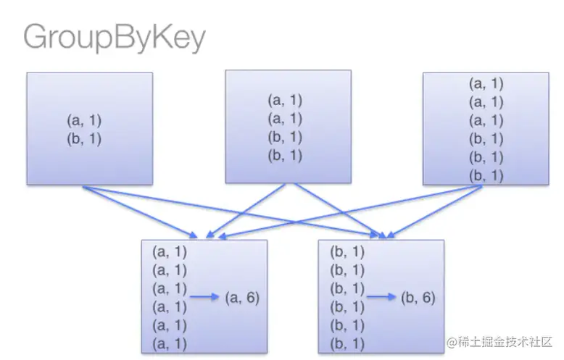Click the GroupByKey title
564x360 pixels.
point(114,38)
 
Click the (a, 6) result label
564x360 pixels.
point(242,297)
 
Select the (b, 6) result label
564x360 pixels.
point(418,297)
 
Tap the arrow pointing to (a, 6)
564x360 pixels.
point(205,297)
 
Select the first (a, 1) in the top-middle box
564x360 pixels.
point(285,100)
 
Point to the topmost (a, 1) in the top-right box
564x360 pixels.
point(486,83)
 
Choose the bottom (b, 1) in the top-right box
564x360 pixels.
point(486,175)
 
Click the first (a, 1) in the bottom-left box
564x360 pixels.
point(170,252)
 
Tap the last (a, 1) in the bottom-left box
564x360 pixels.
point(170,343)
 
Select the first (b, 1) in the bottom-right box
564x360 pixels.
point(347,252)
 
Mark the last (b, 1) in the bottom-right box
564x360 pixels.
point(347,343)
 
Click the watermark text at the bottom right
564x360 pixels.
point(499,341)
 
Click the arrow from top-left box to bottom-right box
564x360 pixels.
point(239,211)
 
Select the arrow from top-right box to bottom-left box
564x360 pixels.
point(341,211)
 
